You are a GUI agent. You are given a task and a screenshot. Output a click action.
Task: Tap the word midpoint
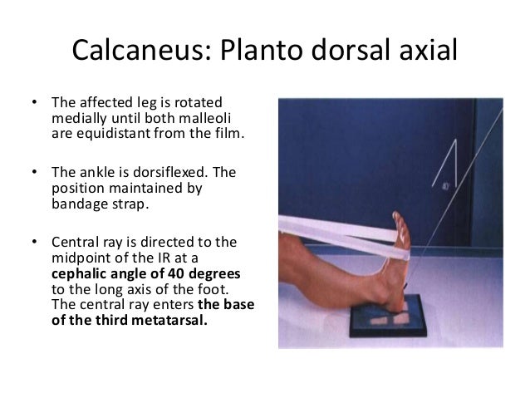click(79, 261)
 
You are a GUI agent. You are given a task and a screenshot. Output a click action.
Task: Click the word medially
click(78, 118)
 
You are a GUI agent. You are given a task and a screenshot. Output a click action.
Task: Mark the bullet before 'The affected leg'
click(34, 104)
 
